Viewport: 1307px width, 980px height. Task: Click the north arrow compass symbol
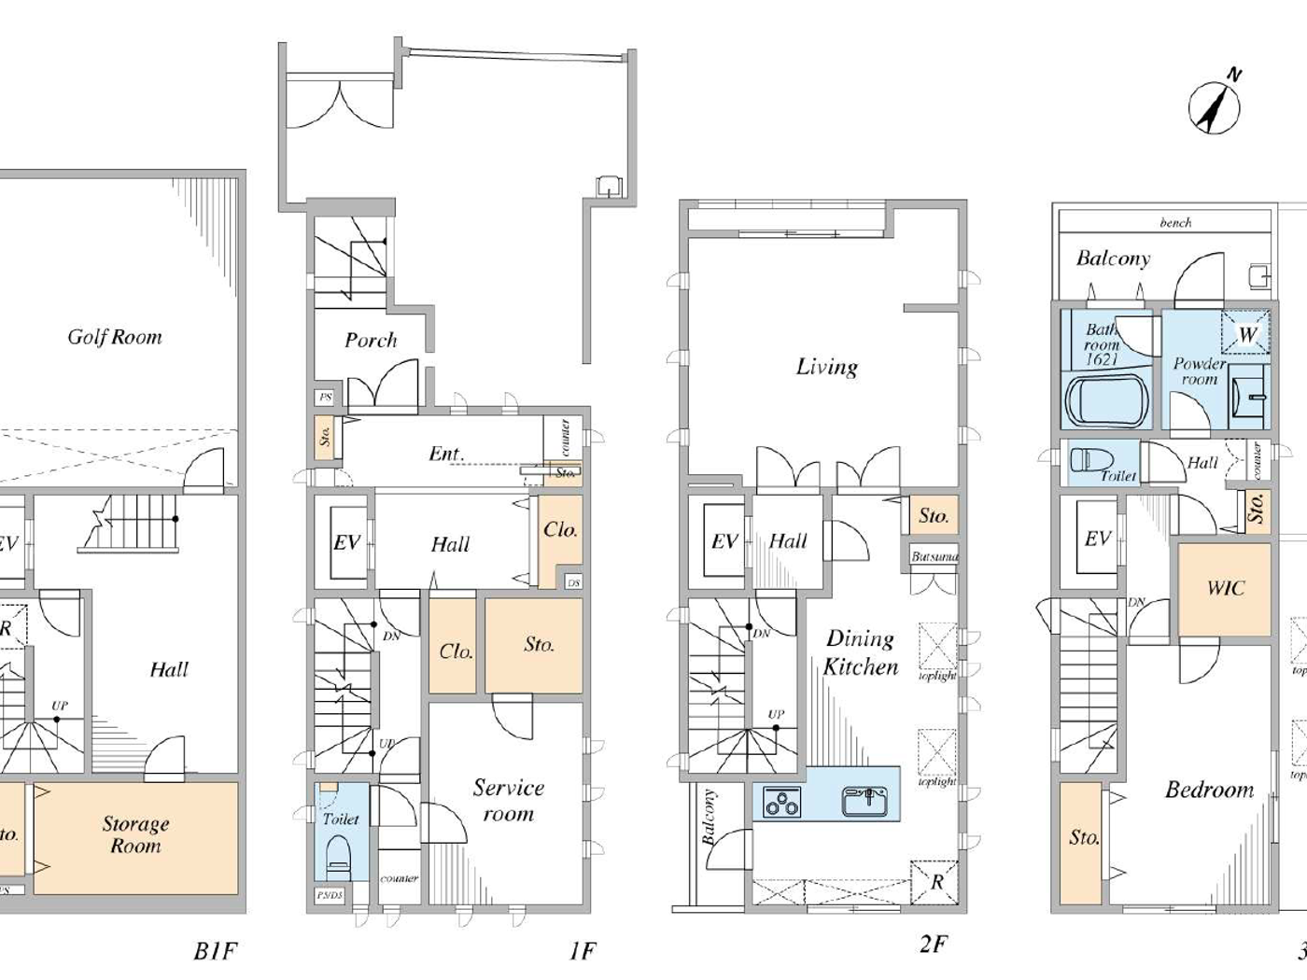click(1215, 106)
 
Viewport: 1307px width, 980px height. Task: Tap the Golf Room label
click(114, 337)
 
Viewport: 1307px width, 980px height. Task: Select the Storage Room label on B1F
click(135, 835)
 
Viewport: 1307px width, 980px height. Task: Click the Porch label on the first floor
click(371, 341)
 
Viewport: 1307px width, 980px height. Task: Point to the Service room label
click(508, 801)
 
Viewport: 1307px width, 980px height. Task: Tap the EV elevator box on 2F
click(724, 541)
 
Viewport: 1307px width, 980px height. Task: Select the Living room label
click(826, 367)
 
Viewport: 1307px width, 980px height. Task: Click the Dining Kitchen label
click(861, 652)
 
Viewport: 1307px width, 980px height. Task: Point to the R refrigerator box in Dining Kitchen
click(935, 882)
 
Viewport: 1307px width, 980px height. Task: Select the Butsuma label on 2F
click(934, 557)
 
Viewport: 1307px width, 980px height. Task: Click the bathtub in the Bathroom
click(1104, 401)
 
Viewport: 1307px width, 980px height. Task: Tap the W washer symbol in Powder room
click(1246, 334)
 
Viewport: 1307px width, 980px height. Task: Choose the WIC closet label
click(1225, 588)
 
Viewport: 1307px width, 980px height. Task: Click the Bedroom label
click(1209, 790)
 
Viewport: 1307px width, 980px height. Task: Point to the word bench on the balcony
click(1175, 222)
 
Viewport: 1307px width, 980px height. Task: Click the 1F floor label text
click(582, 951)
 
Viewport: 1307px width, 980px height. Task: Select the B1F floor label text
click(215, 951)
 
